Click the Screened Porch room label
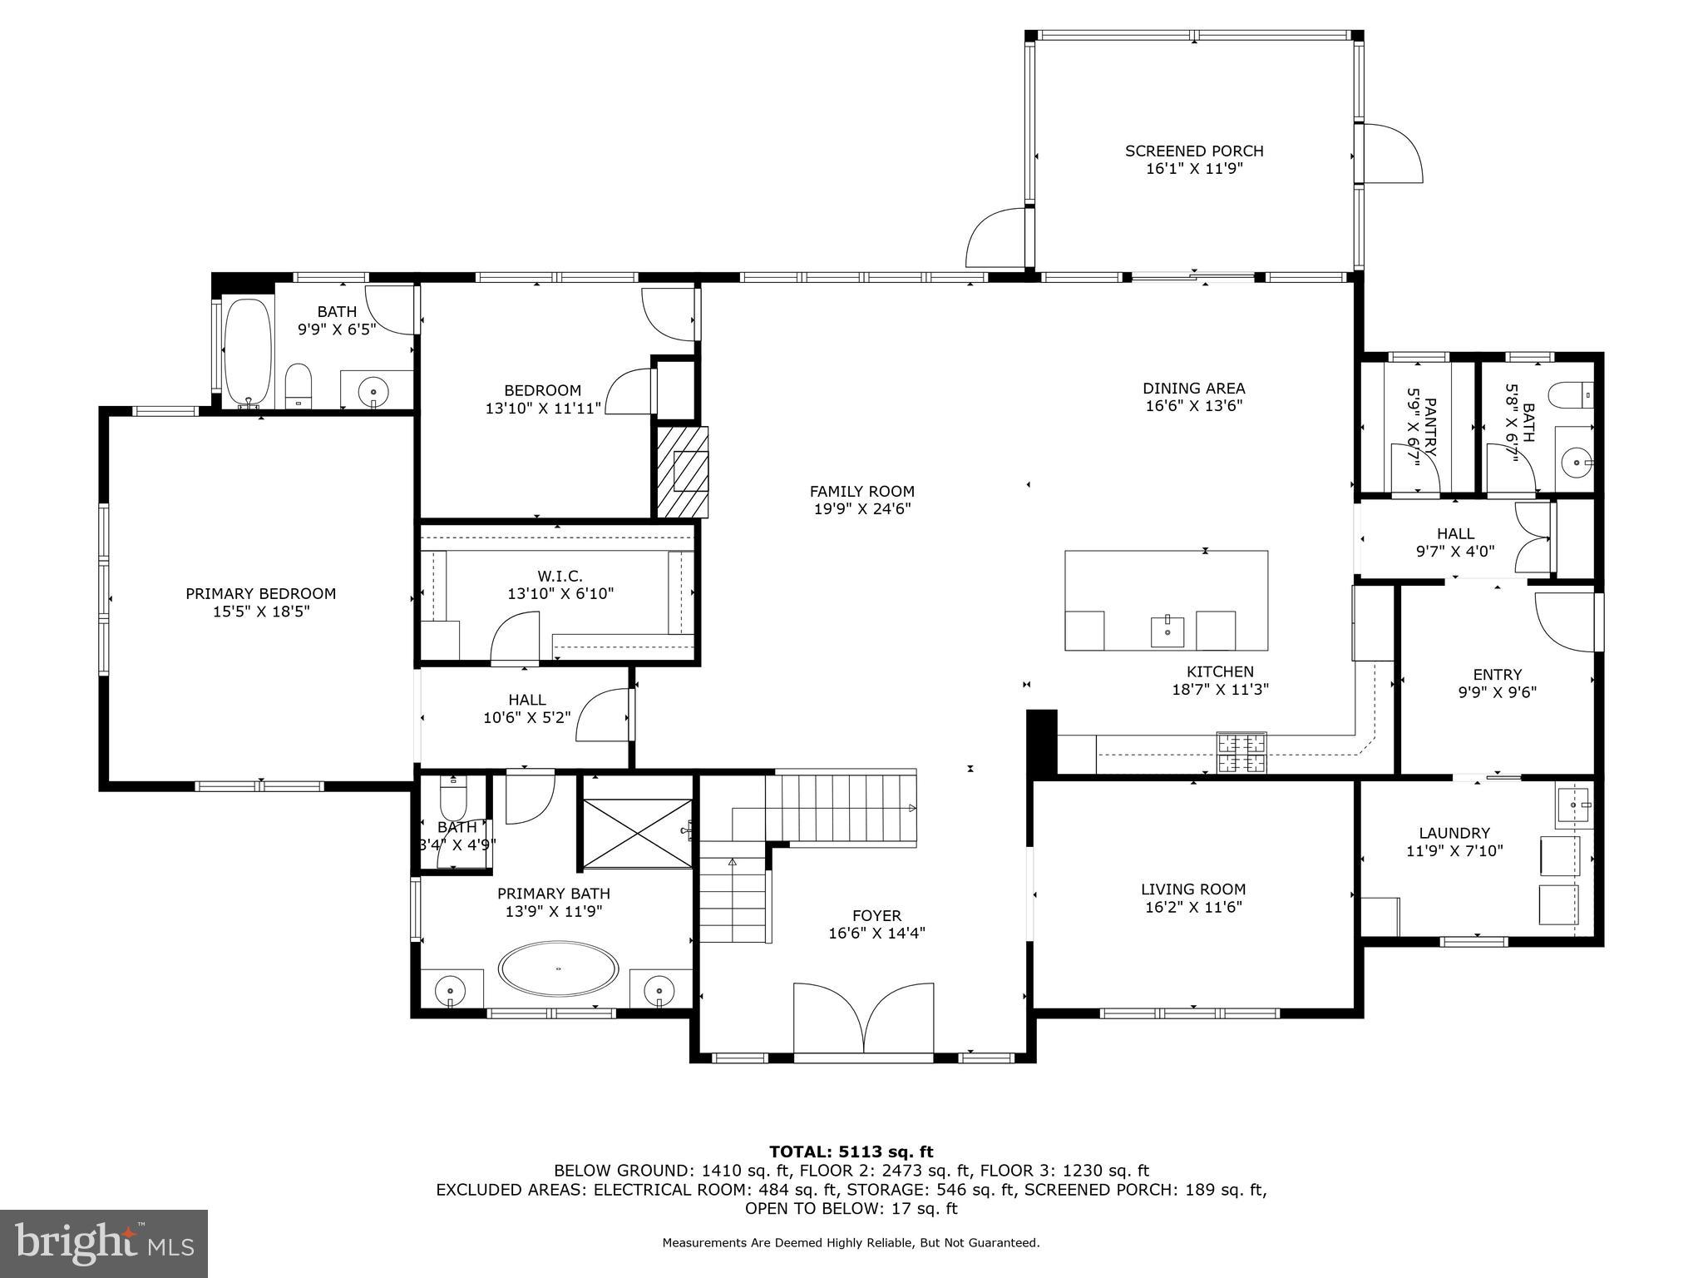(x=1194, y=151)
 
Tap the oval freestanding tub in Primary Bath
(x=558, y=968)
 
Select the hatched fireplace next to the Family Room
(x=682, y=472)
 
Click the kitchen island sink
(x=1168, y=632)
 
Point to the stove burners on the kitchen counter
(x=1242, y=753)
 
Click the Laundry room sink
(x=1573, y=805)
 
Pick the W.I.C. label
(x=560, y=576)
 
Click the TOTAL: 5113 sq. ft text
(x=851, y=1152)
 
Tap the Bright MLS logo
(x=103, y=1242)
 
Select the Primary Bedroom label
(x=260, y=593)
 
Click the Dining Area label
(x=1193, y=388)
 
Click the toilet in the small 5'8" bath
(x=1572, y=395)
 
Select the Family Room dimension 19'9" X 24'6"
(x=862, y=509)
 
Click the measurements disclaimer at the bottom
(x=851, y=1243)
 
